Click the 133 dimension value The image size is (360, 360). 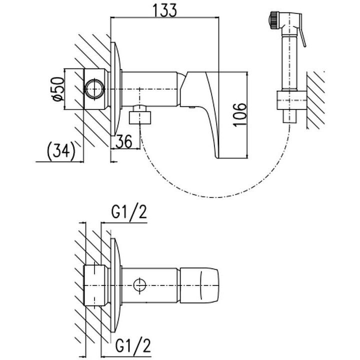pos(164,11)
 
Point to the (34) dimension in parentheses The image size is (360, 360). pos(60,149)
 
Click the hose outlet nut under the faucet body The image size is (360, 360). pos(140,117)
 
